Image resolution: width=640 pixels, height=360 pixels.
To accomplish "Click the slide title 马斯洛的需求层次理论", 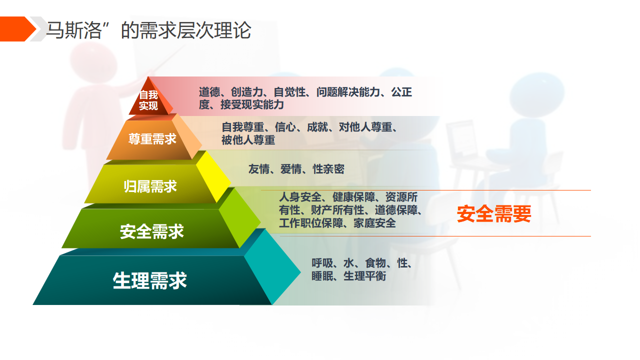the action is pyautogui.click(x=148, y=30).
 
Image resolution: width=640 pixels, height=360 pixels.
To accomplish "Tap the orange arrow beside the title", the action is pyautogui.click(x=17, y=29).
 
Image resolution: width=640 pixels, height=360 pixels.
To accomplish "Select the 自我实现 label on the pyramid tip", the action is pyautogui.click(x=148, y=100).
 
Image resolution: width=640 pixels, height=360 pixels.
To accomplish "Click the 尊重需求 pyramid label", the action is pyautogui.click(x=152, y=139).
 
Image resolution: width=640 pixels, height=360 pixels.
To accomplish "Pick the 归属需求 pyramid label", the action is pyautogui.click(x=150, y=186).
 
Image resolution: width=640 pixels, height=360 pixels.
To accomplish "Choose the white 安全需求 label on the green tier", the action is pyautogui.click(x=151, y=231).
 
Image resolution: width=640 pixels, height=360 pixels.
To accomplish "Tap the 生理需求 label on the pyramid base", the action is pyautogui.click(x=149, y=280).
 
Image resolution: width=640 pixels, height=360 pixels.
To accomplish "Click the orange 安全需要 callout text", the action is pyautogui.click(x=494, y=213).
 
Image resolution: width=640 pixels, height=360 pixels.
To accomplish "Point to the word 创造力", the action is pyautogui.click(x=247, y=92).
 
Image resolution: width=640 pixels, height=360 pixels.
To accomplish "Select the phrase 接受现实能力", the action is pyautogui.click(x=252, y=104).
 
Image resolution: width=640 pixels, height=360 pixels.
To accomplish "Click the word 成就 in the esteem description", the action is pyautogui.click(x=317, y=127).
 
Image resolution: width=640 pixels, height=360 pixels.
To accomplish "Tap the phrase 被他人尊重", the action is pyautogui.click(x=248, y=140).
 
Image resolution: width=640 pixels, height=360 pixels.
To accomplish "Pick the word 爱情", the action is pyautogui.click(x=291, y=169).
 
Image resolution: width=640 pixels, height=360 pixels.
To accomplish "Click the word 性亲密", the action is pyautogui.click(x=328, y=169).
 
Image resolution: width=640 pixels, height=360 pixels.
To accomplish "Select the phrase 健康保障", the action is pyautogui.click(x=353, y=197).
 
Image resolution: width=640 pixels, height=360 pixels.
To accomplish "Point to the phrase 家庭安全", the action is pyautogui.click(x=375, y=223).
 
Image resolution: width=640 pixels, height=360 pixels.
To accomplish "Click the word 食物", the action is pyautogui.click(x=375, y=263).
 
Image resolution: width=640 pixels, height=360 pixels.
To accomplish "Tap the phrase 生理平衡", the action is pyautogui.click(x=364, y=276).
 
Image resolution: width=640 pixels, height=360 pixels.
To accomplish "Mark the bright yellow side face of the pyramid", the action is pyautogui.click(x=213, y=175).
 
